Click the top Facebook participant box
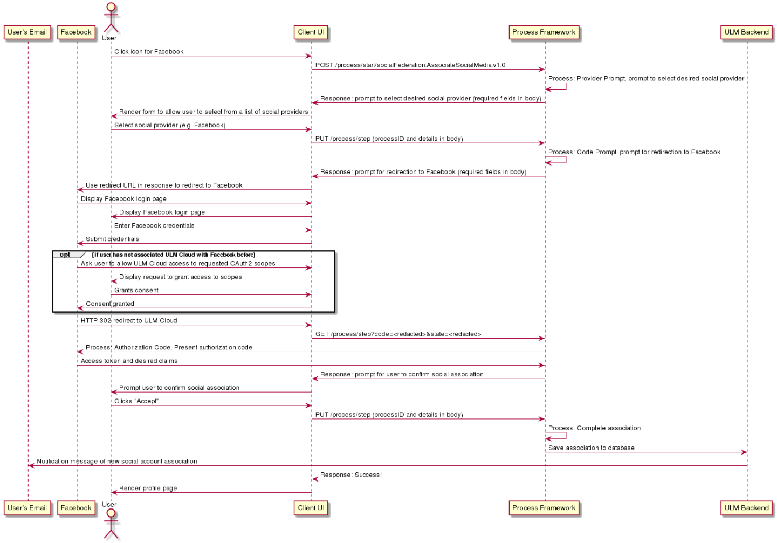(77, 32)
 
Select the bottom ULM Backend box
(747, 508)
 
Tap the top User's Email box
(27, 32)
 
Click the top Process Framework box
(544, 32)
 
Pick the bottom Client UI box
(311, 508)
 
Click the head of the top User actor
(111, 6)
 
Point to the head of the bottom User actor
(111, 513)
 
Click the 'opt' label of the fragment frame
(65, 255)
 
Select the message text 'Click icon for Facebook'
(149, 52)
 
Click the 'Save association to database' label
(592, 448)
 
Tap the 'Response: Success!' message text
(350, 475)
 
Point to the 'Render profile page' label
(148, 488)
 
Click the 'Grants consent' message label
(136, 291)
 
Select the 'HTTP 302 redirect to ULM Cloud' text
(129, 321)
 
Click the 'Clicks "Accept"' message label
(136, 401)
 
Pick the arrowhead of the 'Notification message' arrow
(31, 466)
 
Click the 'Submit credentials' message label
(112, 239)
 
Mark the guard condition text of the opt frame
(174, 255)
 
